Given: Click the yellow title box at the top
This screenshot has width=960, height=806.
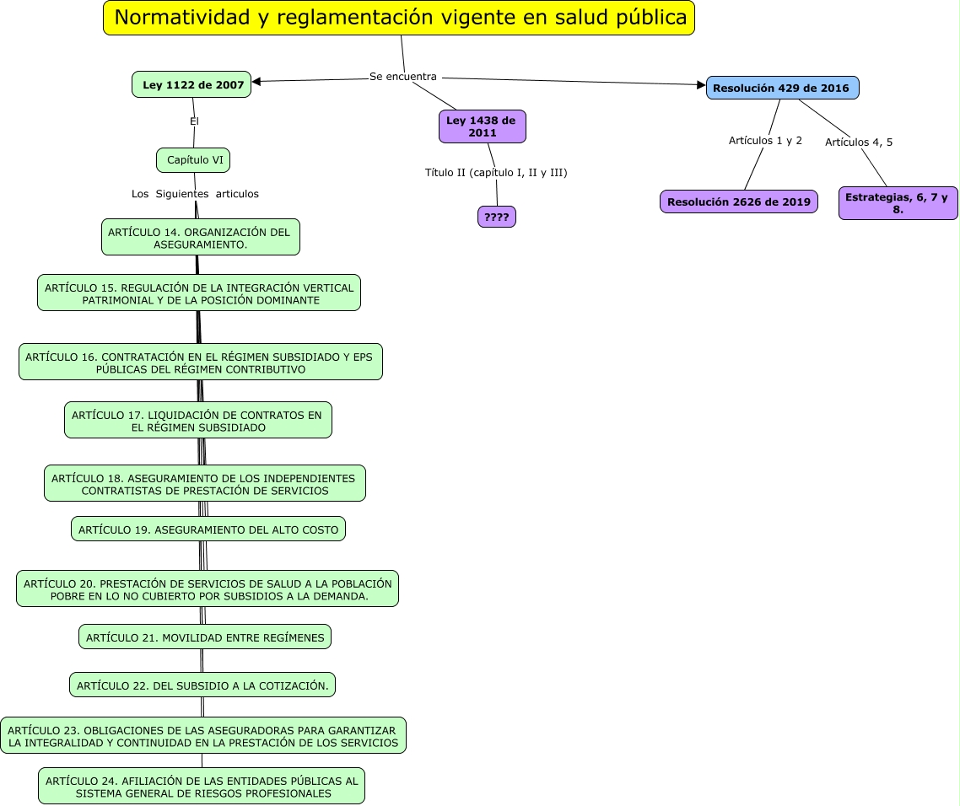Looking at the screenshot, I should click(x=399, y=18).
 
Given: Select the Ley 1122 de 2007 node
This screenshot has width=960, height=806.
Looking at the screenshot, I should click(x=192, y=84).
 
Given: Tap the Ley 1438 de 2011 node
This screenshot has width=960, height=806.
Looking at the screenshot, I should click(x=482, y=126).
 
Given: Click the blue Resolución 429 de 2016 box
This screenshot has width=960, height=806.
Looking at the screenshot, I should click(x=782, y=88).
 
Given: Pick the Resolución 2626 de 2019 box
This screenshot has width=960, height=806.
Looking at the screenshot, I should click(x=738, y=201).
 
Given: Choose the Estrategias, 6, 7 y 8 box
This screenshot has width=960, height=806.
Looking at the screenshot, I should click(x=898, y=203).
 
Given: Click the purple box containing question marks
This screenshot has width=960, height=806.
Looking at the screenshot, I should click(x=496, y=217).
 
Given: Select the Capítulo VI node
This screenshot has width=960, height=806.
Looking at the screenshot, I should click(x=194, y=159).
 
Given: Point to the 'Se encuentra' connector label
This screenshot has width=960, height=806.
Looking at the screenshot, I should click(x=403, y=77).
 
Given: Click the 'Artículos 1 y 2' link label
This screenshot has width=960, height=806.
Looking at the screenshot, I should click(x=765, y=140).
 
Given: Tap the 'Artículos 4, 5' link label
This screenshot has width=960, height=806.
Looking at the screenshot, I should click(x=859, y=142).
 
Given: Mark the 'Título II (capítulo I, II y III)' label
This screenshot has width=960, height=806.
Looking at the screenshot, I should click(x=496, y=173).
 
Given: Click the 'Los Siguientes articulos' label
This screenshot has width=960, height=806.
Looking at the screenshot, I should click(x=195, y=194).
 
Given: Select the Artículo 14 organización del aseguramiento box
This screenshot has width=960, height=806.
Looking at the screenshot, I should click(x=201, y=238).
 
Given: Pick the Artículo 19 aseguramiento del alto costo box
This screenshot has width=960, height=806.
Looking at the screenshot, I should click(x=208, y=529).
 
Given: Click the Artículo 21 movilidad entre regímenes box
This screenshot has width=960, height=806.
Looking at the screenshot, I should click(x=205, y=637).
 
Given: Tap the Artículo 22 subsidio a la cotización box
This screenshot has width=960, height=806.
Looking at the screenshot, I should click(x=202, y=685).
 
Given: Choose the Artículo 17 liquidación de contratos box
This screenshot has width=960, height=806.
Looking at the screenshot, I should click(x=198, y=421).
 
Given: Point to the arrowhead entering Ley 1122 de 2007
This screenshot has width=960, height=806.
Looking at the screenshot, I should click(x=256, y=82).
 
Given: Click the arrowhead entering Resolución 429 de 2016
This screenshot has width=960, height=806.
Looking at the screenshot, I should click(x=700, y=84).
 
